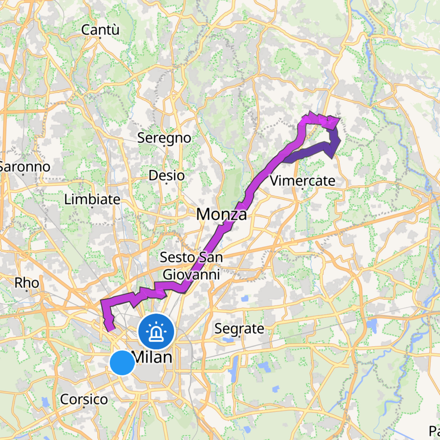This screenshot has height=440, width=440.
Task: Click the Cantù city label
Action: point(100,30)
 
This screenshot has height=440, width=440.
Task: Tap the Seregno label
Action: point(164,138)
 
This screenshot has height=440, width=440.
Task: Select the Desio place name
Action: point(166,175)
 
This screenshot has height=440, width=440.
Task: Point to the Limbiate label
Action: point(92,199)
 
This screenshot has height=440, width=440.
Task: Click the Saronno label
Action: point(24,167)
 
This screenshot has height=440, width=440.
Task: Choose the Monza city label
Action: point(221,214)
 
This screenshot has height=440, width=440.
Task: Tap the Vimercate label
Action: point(302,181)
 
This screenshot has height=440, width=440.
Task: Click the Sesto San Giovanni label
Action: point(191,266)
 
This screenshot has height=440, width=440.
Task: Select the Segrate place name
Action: point(239,329)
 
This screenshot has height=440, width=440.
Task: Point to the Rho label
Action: point(27,283)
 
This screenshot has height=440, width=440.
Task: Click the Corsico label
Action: point(84,399)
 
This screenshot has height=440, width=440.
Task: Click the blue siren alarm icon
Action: point(156,331)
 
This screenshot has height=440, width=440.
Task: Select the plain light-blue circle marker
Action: point(122,363)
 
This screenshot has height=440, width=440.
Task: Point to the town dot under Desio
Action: point(166,184)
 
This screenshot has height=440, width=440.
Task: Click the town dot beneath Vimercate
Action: point(302,189)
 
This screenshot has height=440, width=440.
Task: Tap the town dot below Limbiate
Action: point(92,207)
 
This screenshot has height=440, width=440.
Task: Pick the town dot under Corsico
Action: point(84,407)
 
